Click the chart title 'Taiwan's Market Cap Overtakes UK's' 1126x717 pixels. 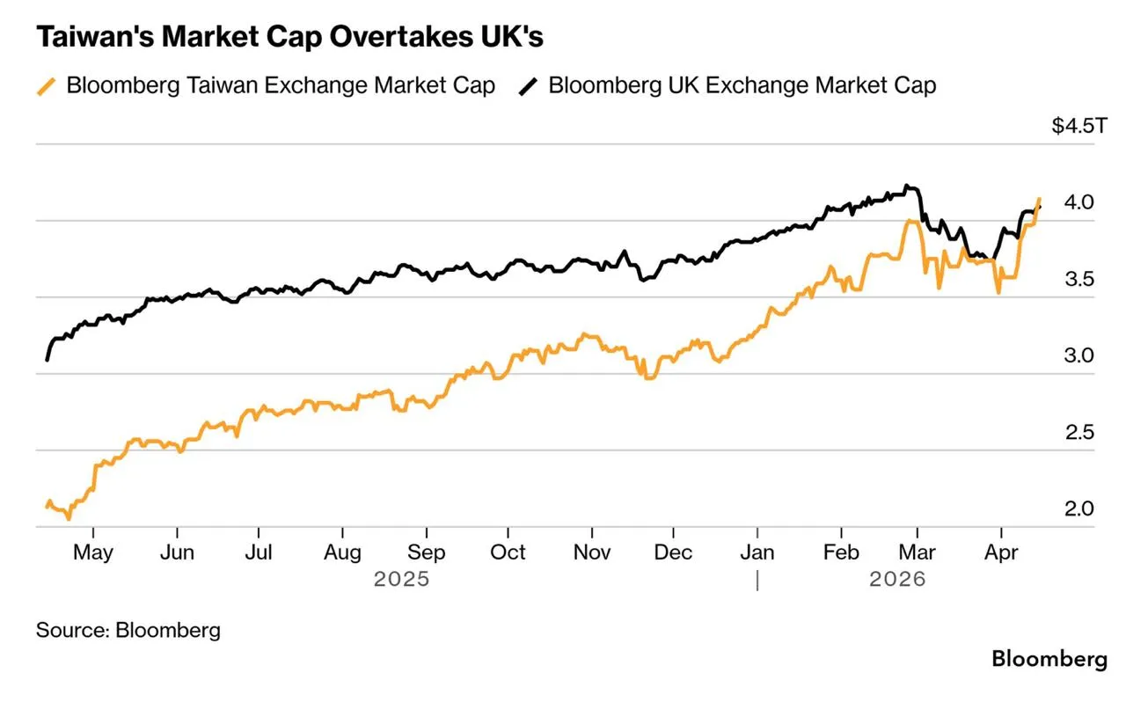click(x=289, y=37)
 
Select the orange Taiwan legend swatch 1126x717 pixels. click(x=47, y=86)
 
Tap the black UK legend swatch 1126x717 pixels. click(x=528, y=86)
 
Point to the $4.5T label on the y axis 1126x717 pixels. click(x=1079, y=126)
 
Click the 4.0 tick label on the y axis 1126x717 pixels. click(x=1078, y=202)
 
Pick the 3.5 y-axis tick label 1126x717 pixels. click(x=1079, y=279)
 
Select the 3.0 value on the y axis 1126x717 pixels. click(x=1078, y=355)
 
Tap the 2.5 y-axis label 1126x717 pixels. click(x=1079, y=433)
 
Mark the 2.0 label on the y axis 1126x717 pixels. click(x=1078, y=508)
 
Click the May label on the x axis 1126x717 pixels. click(x=93, y=553)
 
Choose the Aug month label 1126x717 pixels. click(x=342, y=553)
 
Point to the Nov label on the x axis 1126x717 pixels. click(x=592, y=552)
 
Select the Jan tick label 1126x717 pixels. click(x=757, y=552)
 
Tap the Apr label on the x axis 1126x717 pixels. click(x=1001, y=553)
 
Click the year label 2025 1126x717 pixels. click(x=401, y=579)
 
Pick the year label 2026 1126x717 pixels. click(x=897, y=579)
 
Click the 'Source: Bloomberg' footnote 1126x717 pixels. click(x=128, y=631)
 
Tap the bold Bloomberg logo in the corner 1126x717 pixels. click(x=1049, y=659)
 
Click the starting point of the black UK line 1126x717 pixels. click(x=47, y=360)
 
